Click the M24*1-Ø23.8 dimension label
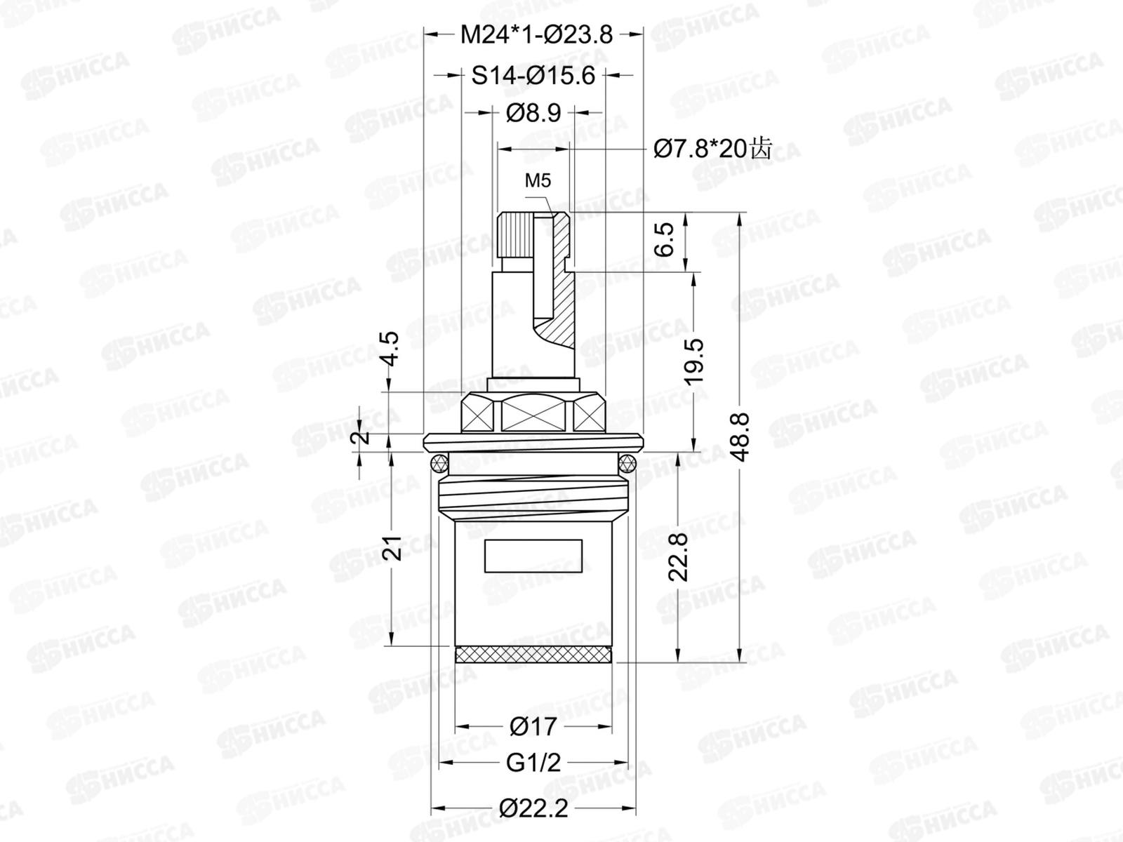point(536,35)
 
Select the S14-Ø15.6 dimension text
point(533,76)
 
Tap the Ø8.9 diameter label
point(533,112)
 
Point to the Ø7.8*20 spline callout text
point(712,149)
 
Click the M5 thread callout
point(538,180)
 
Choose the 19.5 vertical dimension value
point(694,361)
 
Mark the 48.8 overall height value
point(740,437)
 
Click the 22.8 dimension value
point(679,557)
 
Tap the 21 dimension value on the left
point(392,548)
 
